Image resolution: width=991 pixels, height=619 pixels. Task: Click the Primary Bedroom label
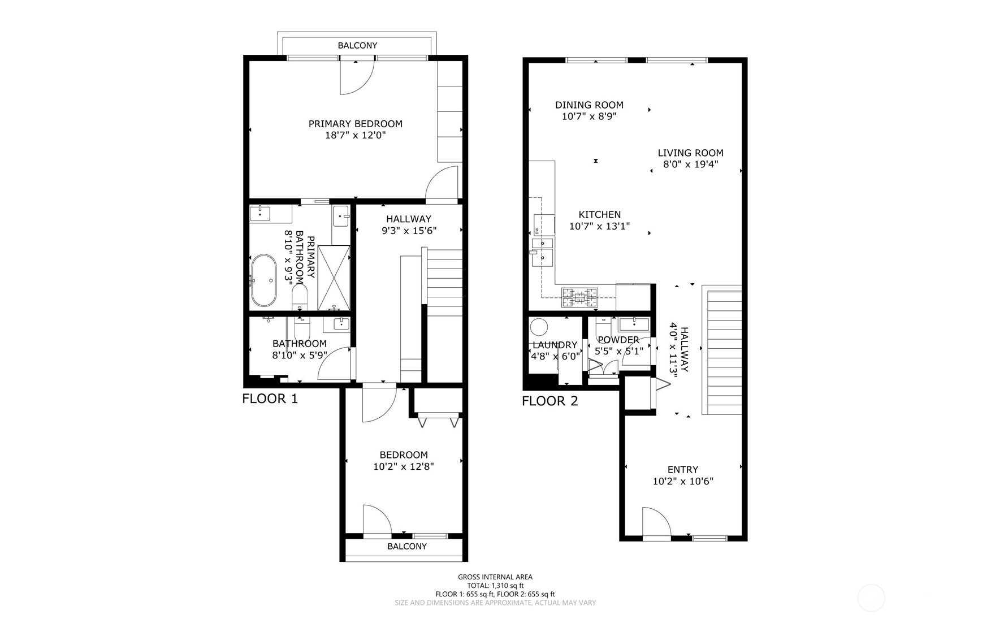(355, 124)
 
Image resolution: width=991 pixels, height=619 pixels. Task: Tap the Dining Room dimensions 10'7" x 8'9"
(589, 116)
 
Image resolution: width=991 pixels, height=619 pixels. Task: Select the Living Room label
(690, 153)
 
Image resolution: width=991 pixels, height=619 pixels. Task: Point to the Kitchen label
(599, 214)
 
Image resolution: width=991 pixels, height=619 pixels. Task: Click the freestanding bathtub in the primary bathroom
(264, 280)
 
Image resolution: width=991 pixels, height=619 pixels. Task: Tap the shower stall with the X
(334, 278)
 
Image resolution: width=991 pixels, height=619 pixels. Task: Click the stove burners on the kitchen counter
(579, 297)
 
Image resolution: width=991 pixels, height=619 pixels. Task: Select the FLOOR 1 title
(270, 399)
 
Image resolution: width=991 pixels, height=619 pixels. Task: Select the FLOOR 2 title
(549, 401)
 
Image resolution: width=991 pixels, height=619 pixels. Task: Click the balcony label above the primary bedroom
(357, 45)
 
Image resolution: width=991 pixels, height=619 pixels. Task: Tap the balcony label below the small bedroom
(407, 546)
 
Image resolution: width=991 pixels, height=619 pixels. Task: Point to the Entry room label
(683, 469)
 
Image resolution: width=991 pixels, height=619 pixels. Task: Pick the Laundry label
(555, 345)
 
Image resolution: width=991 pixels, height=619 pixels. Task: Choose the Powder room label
(618, 340)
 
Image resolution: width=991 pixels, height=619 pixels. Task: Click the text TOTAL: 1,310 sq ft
(495, 586)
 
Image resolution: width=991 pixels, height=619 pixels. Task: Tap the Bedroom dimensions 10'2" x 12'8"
(404, 467)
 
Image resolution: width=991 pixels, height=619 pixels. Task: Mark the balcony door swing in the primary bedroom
(357, 77)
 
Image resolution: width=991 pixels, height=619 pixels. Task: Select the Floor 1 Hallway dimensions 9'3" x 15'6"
(409, 231)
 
